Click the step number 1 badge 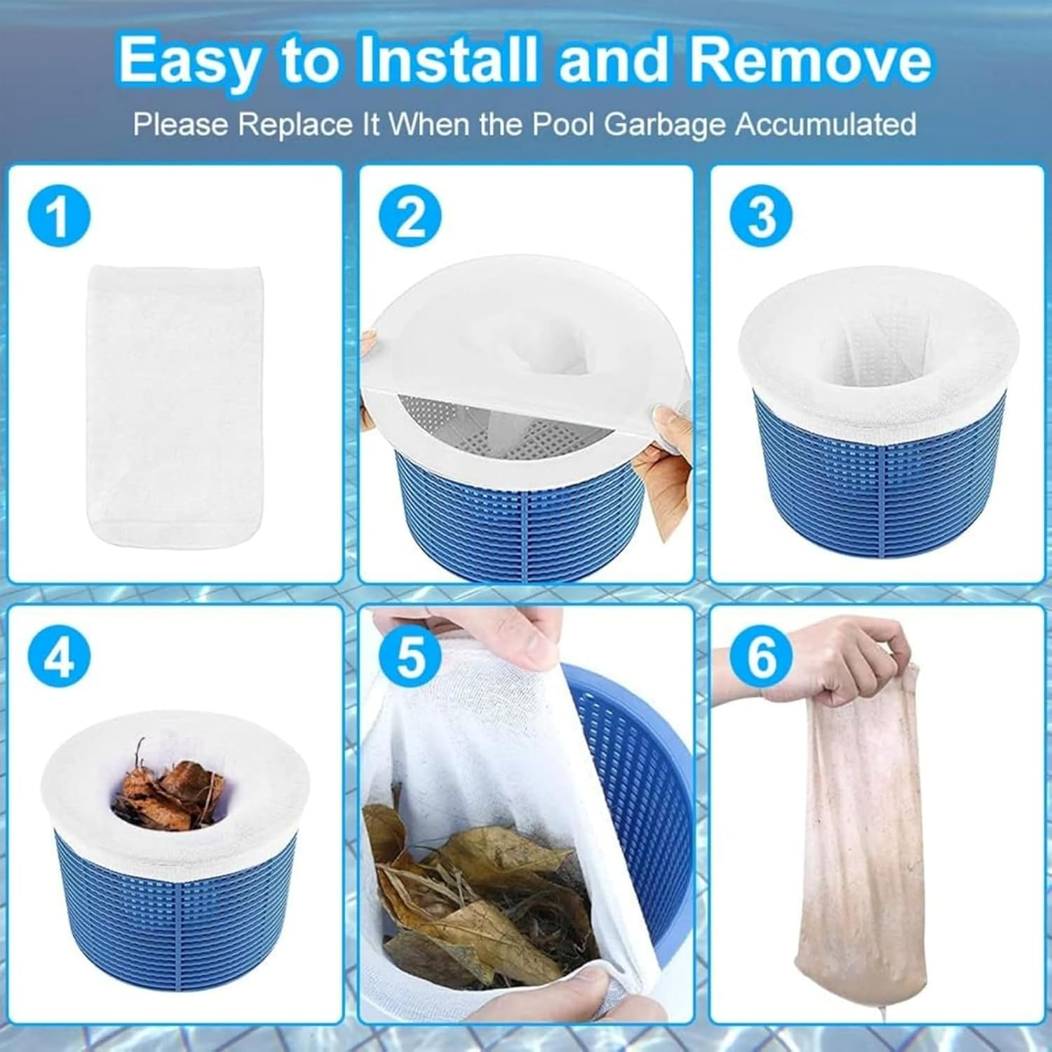pyautogui.click(x=60, y=215)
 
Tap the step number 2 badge pyautogui.click(x=410, y=215)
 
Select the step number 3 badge pyautogui.click(x=761, y=215)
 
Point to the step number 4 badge pyautogui.click(x=60, y=656)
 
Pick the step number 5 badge pyautogui.click(x=410, y=656)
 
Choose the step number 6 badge pyautogui.click(x=761, y=656)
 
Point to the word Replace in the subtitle pyautogui.click(x=294, y=125)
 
